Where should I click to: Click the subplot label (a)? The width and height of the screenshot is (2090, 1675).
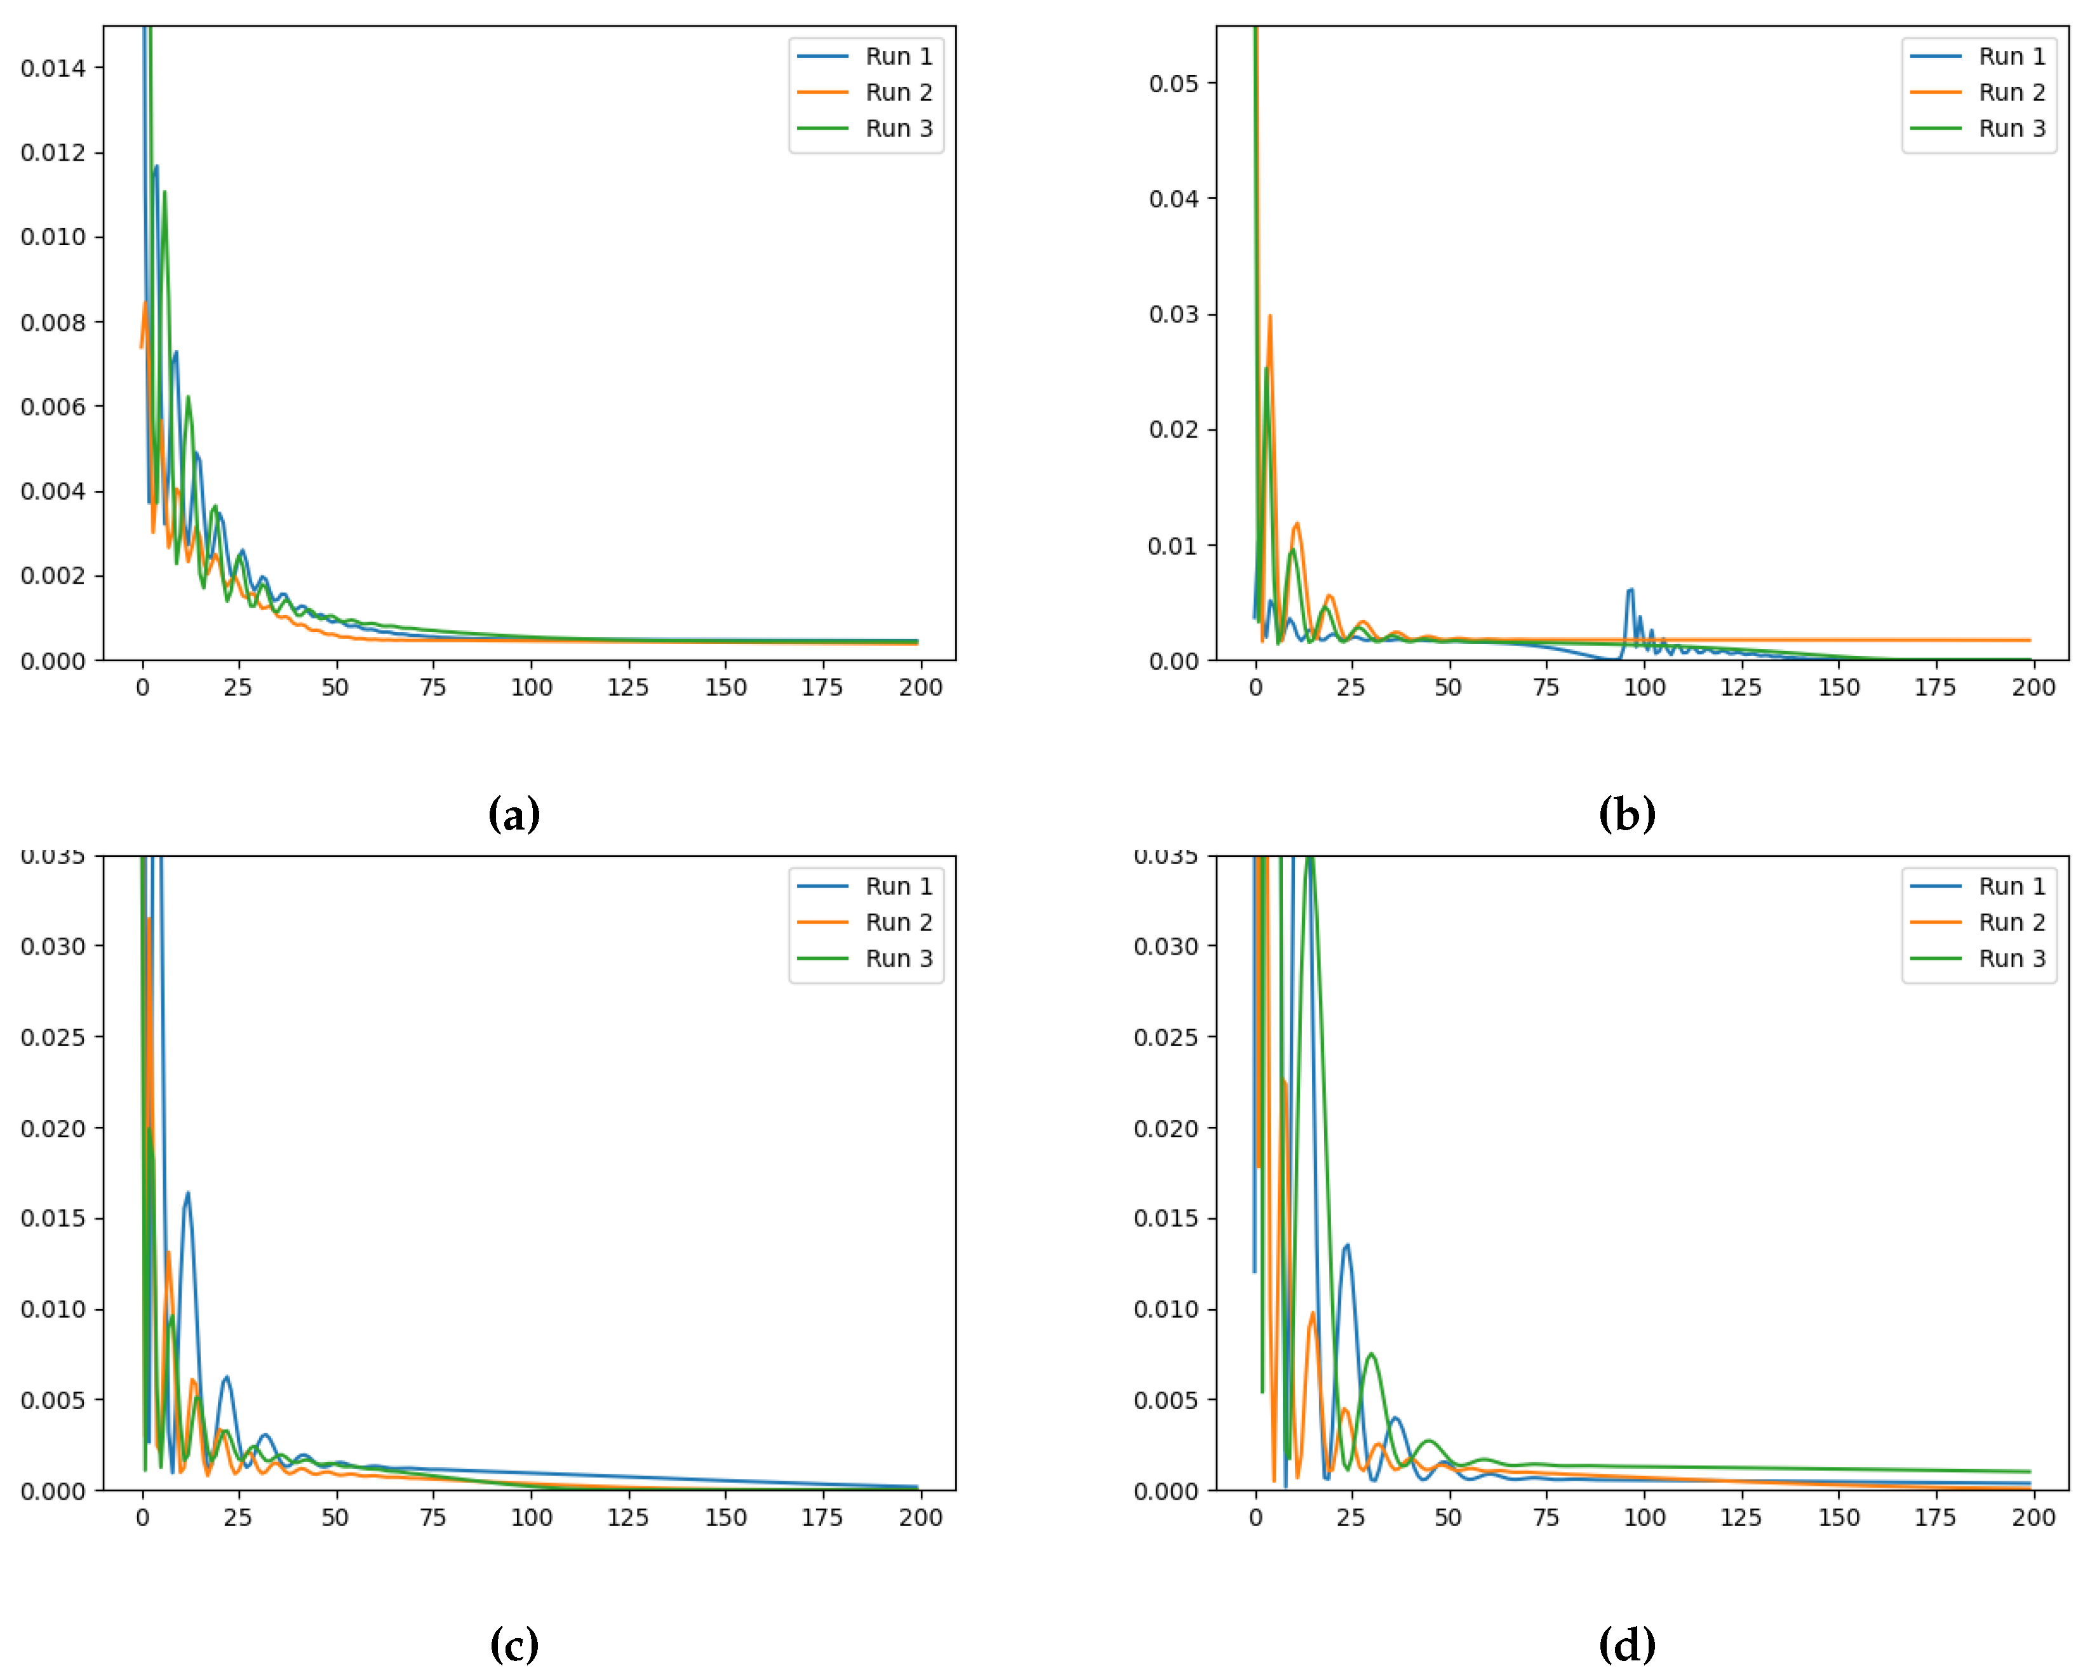tap(514, 814)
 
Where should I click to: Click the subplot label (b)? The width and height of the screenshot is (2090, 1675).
tap(1626, 814)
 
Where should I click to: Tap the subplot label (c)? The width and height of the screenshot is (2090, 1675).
tap(514, 1644)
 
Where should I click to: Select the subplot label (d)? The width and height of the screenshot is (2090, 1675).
tap(1626, 1644)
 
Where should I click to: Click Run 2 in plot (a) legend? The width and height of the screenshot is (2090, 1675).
tap(897, 92)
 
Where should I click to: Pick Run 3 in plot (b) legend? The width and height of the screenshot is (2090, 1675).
tap(2011, 128)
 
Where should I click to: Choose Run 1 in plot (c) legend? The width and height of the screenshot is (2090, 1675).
tap(897, 886)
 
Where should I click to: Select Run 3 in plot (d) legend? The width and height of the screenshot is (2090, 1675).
tap(2011, 958)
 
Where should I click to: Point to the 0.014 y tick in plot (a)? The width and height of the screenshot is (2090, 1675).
tap(53, 68)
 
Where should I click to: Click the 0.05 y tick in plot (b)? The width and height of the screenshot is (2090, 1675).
tap(1173, 83)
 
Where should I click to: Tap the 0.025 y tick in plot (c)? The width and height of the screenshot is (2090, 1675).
tap(53, 1037)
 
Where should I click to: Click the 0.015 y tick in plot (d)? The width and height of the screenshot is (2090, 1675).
tap(1166, 1218)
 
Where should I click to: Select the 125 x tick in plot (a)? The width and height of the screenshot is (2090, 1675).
tap(628, 687)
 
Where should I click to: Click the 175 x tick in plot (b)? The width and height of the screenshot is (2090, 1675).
tap(1935, 687)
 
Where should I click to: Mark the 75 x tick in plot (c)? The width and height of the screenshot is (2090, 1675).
tap(433, 1517)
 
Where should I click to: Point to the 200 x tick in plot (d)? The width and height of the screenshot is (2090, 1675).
tap(2033, 1517)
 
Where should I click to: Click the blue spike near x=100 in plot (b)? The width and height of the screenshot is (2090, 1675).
tap(1630, 591)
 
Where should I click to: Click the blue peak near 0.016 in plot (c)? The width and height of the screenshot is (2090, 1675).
tap(188, 1194)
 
